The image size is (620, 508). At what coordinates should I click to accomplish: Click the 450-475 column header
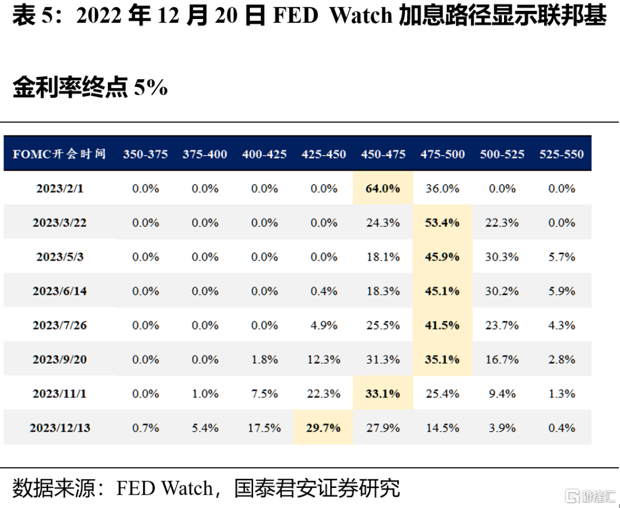tap(383, 154)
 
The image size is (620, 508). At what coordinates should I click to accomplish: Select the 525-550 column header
tap(561, 154)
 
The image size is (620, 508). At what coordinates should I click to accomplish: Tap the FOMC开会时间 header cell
tap(59, 153)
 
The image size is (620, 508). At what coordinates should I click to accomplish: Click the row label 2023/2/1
tap(60, 188)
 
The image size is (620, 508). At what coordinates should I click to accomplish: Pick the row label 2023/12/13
tap(60, 428)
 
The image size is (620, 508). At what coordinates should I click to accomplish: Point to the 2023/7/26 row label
tap(60, 325)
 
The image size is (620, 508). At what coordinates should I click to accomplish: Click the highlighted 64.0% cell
tap(383, 188)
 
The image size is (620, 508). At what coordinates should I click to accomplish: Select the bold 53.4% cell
tap(442, 222)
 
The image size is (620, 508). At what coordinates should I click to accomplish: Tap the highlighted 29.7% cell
tap(323, 428)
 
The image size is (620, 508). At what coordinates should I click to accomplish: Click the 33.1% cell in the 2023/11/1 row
tap(383, 394)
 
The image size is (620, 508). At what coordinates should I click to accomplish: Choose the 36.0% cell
tap(443, 188)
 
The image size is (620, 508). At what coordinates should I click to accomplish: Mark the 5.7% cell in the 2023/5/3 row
tap(561, 256)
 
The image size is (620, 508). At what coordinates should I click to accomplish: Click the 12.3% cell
tap(323, 359)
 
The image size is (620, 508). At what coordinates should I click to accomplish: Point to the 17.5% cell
tap(264, 428)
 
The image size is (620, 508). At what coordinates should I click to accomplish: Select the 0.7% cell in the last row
tap(145, 428)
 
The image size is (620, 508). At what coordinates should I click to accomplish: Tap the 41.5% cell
tap(442, 325)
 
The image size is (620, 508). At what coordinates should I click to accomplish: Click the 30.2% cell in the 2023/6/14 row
tap(502, 291)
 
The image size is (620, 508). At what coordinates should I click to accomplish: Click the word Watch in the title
tap(361, 16)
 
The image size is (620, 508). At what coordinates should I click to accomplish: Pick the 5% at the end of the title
tap(151, 87)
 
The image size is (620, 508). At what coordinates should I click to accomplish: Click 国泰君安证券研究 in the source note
tap(317, 488)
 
